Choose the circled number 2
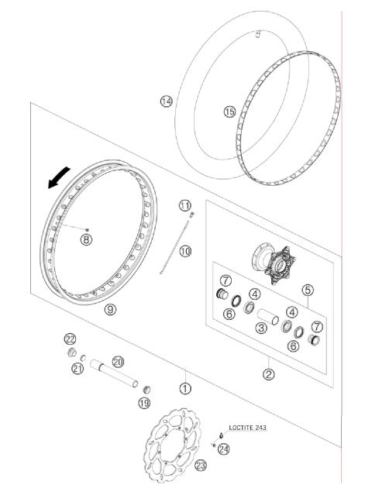pyautogui.click(x=269, y=374)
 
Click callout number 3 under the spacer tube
pyautogui.click(x=262, y=328)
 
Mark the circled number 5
pyautogui.click(x=308, y=290)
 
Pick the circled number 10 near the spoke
pyautogui.click(x=185, y=251)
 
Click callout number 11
pyautogui.click(x=184, y=205)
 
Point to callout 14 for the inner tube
pyautogui.click(x=165, y=101)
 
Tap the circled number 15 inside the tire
pyautogui.click(x=229, y=112)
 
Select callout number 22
pyautogui.click(x=70, y=339)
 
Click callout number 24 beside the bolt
pyautogui.click(x=224, y=449)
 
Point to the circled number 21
pyautogui.click(x=77, y=369)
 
